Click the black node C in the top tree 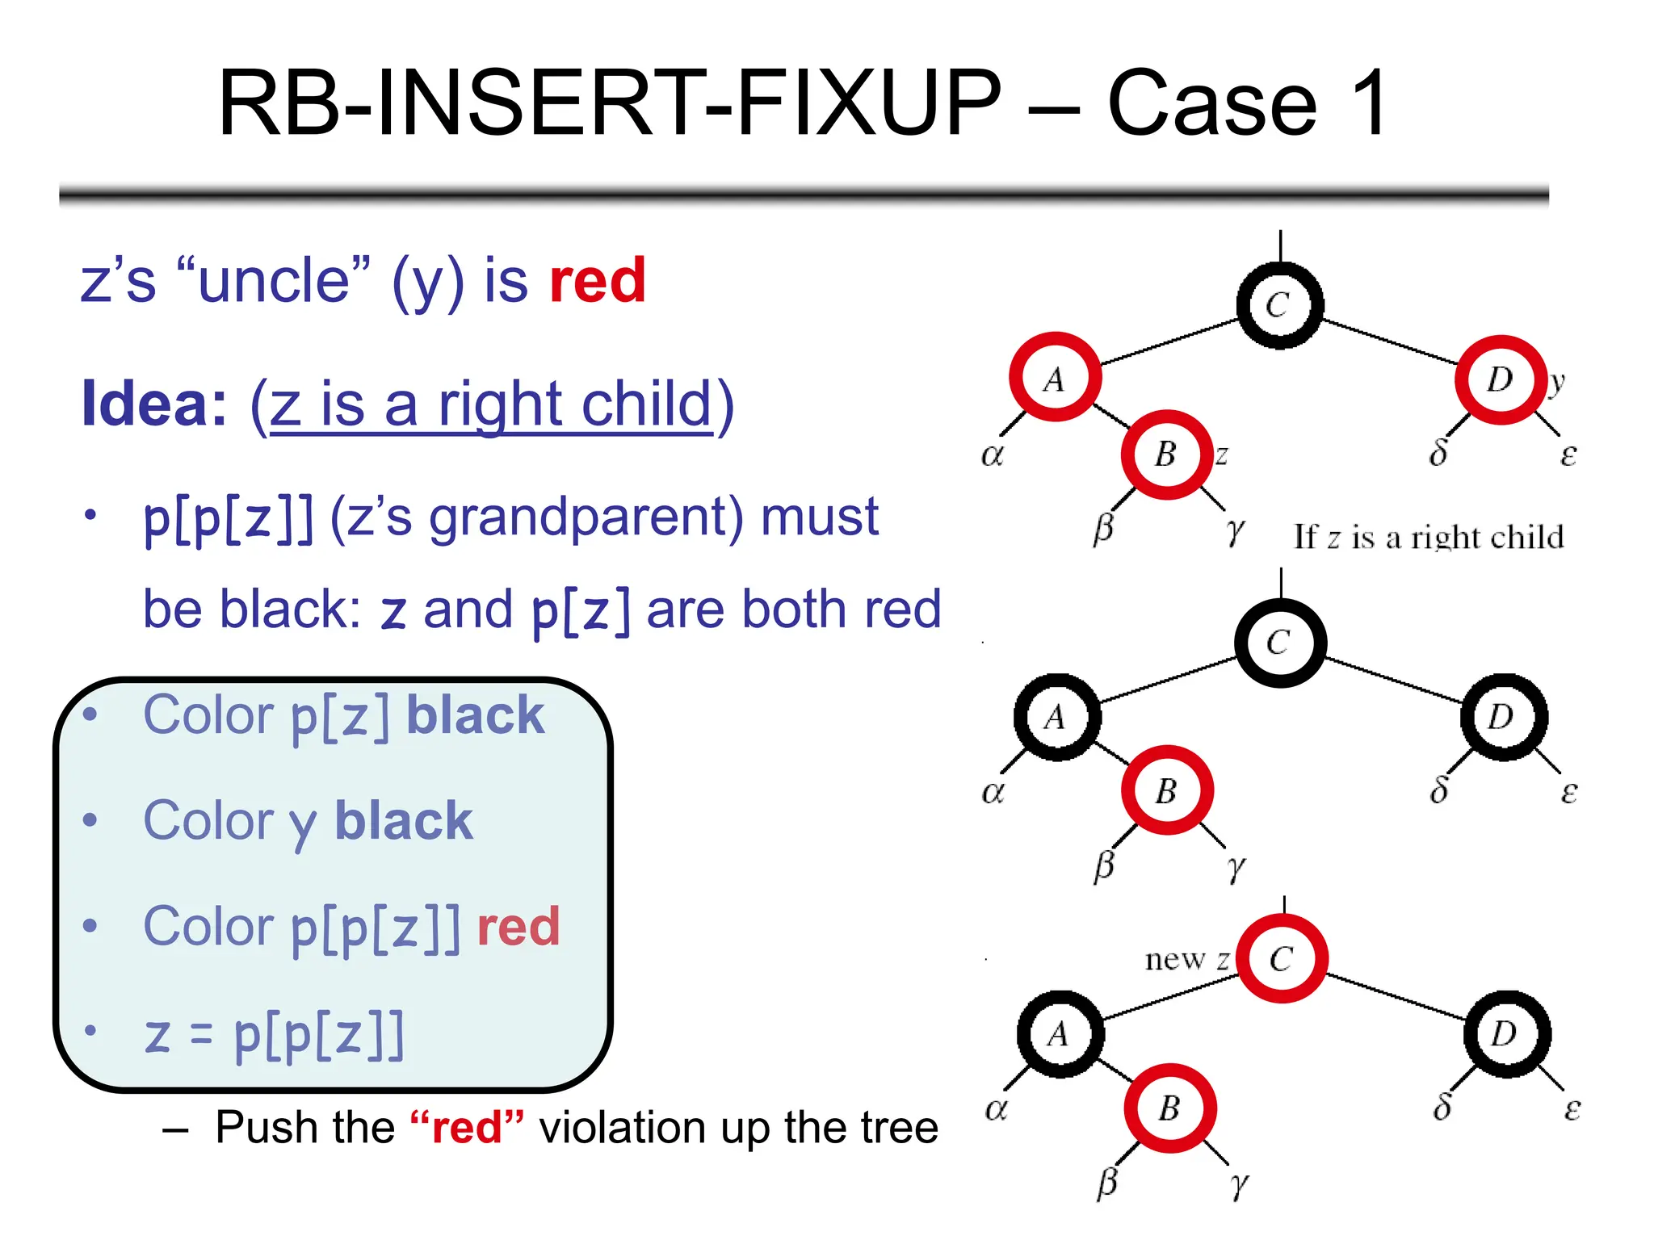point(1279,305)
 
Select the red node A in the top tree point(1055,377)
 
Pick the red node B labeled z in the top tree point(1166,455)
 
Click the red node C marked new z point(1282,958)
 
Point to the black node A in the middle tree point(1056,717)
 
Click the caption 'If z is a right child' point(1428,537)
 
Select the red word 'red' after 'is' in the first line point(598,281)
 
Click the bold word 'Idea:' point(154,404)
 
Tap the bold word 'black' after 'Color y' point(403,821)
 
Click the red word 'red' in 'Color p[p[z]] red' point(518,926)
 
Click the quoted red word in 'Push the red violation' point(467,1128)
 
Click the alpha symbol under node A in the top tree point(992,455)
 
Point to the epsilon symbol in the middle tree point(1568,792)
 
